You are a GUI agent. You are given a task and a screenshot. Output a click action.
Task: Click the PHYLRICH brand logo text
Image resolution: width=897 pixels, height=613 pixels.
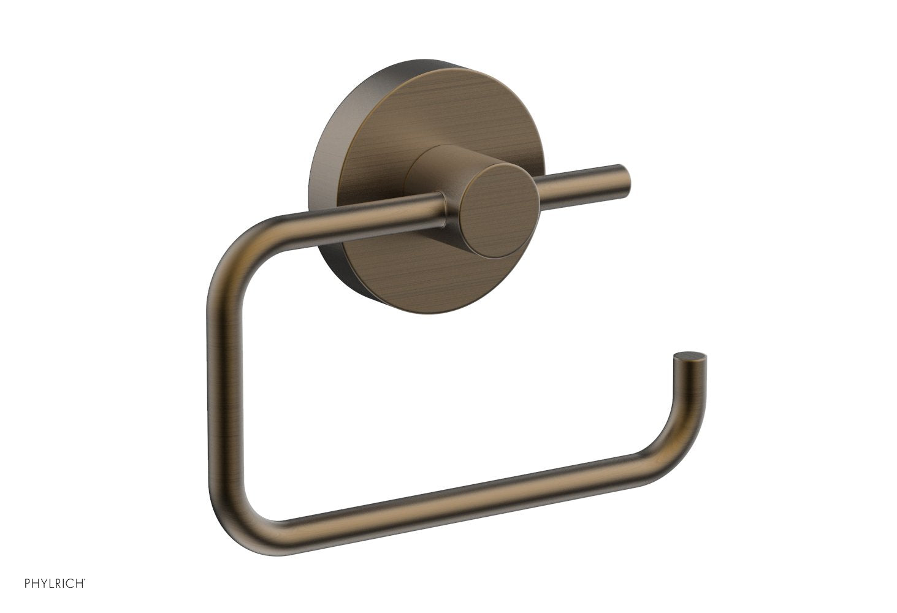click(54, 583)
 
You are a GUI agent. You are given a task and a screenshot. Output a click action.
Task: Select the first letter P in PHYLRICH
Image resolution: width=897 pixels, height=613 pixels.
click(28, 583)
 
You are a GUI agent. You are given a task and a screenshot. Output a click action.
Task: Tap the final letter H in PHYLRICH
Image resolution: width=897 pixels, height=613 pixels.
click(80, 583)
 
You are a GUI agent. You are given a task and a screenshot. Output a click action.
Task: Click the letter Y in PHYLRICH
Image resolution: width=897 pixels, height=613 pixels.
click(42, 583)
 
